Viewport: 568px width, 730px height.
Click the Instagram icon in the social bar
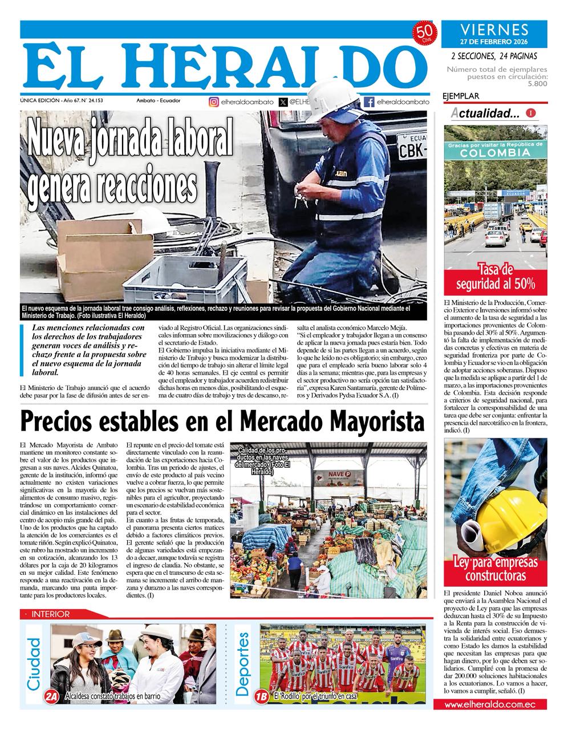pos(213,102)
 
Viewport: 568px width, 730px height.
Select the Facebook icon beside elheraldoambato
pos(369,102)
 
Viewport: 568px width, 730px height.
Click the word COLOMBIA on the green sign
pos(495,153)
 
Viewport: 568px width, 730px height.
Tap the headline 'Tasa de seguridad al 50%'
pos(495,277)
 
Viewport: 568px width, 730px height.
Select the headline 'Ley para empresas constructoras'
pos(495,569)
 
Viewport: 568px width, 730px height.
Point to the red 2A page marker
pos(52,696)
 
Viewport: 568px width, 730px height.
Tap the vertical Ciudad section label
pos(35,662)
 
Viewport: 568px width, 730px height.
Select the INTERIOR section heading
pos(51,614)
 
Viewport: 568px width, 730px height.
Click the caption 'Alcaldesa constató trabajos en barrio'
pos(112,697)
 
